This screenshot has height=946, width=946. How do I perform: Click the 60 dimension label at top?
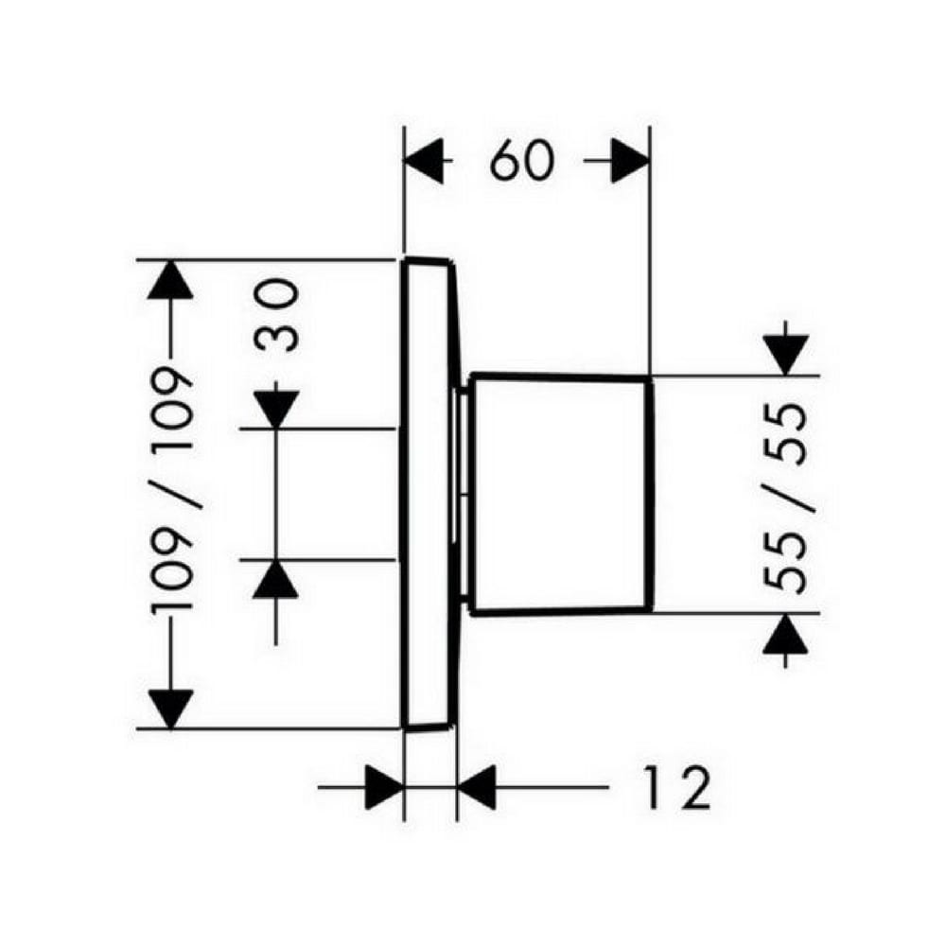click(x=521, y=162)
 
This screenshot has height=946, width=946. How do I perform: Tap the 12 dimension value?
click(x=676, y=788)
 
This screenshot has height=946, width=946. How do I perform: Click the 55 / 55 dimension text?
click(x=785, y=498)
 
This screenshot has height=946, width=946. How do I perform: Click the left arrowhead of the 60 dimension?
click(x=424, y=161)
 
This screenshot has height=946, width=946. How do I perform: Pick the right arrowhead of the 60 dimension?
click(x=630, y=161)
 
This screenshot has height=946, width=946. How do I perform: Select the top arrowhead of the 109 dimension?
click(x=170, y=279)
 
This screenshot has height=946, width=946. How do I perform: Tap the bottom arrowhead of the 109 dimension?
click(x=170, y=709)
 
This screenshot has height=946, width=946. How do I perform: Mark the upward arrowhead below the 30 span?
click(x=275, y=579)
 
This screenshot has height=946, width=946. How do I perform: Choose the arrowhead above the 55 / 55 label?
click(x=785, y=356)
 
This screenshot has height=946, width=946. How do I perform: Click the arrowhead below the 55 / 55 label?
click(x=785, y=633)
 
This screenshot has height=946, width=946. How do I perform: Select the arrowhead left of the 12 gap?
click(x=385, y=787)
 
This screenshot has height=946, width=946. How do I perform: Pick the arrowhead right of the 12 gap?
click(x=477, y=787)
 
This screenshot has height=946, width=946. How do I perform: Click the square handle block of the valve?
click(x=561, y=495)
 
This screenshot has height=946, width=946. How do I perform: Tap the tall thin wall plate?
click(x=429, y=495)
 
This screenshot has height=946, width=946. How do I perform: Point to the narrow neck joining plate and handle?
click(x=464, y=495)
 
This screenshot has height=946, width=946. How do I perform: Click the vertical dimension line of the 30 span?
click(x=275, y=495)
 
